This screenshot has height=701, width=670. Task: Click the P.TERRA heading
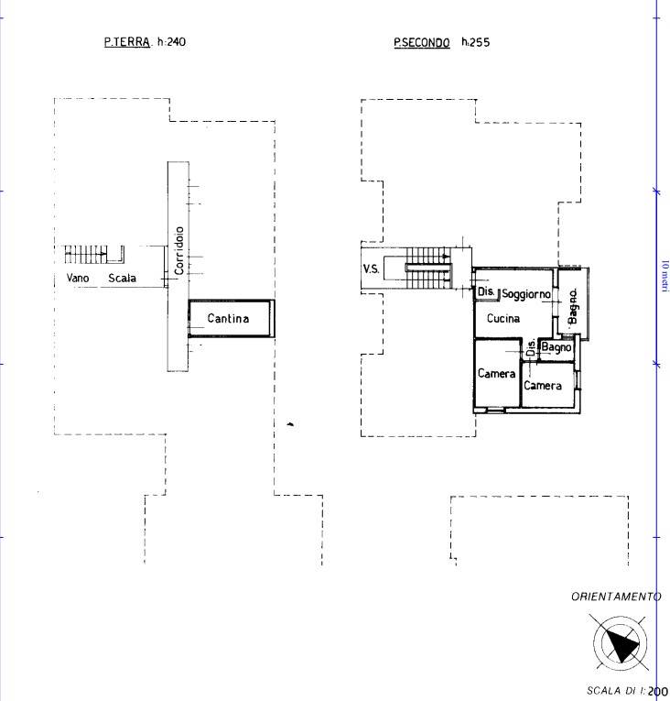pos(127,42)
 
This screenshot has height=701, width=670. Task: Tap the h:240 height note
pos(171,42)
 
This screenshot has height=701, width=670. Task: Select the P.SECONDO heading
pos(422,43)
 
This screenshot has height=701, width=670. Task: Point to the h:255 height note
pos(476,42)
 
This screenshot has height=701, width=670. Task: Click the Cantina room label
pos(228,318)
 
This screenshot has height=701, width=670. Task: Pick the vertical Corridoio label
pos(179,250)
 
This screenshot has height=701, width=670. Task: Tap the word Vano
pos(78,278)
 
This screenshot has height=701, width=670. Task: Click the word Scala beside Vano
pos(122,278)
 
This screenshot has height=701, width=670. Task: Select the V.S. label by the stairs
pos(371,269)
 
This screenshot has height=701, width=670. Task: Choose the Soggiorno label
pos(526,294)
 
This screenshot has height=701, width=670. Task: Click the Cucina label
pos(502,318)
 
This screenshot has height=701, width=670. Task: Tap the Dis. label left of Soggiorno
pos(486,291)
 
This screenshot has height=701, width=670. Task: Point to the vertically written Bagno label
pos(573,306)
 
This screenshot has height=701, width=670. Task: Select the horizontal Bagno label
pos(557,347)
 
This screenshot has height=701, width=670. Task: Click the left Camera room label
pos(496,373)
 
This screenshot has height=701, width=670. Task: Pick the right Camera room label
pos(542,386)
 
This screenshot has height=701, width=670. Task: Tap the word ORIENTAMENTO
pos(616,597)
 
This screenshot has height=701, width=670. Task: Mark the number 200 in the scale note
pos(657,691)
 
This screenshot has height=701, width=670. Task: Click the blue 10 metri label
pos(665,275)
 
